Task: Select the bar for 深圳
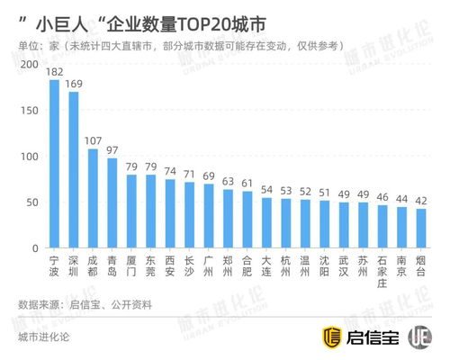73,170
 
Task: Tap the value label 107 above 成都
93,141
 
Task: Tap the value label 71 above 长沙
189,175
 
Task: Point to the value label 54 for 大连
266,190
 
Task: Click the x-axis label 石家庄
382,270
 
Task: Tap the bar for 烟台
421,229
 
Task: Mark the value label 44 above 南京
401,199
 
